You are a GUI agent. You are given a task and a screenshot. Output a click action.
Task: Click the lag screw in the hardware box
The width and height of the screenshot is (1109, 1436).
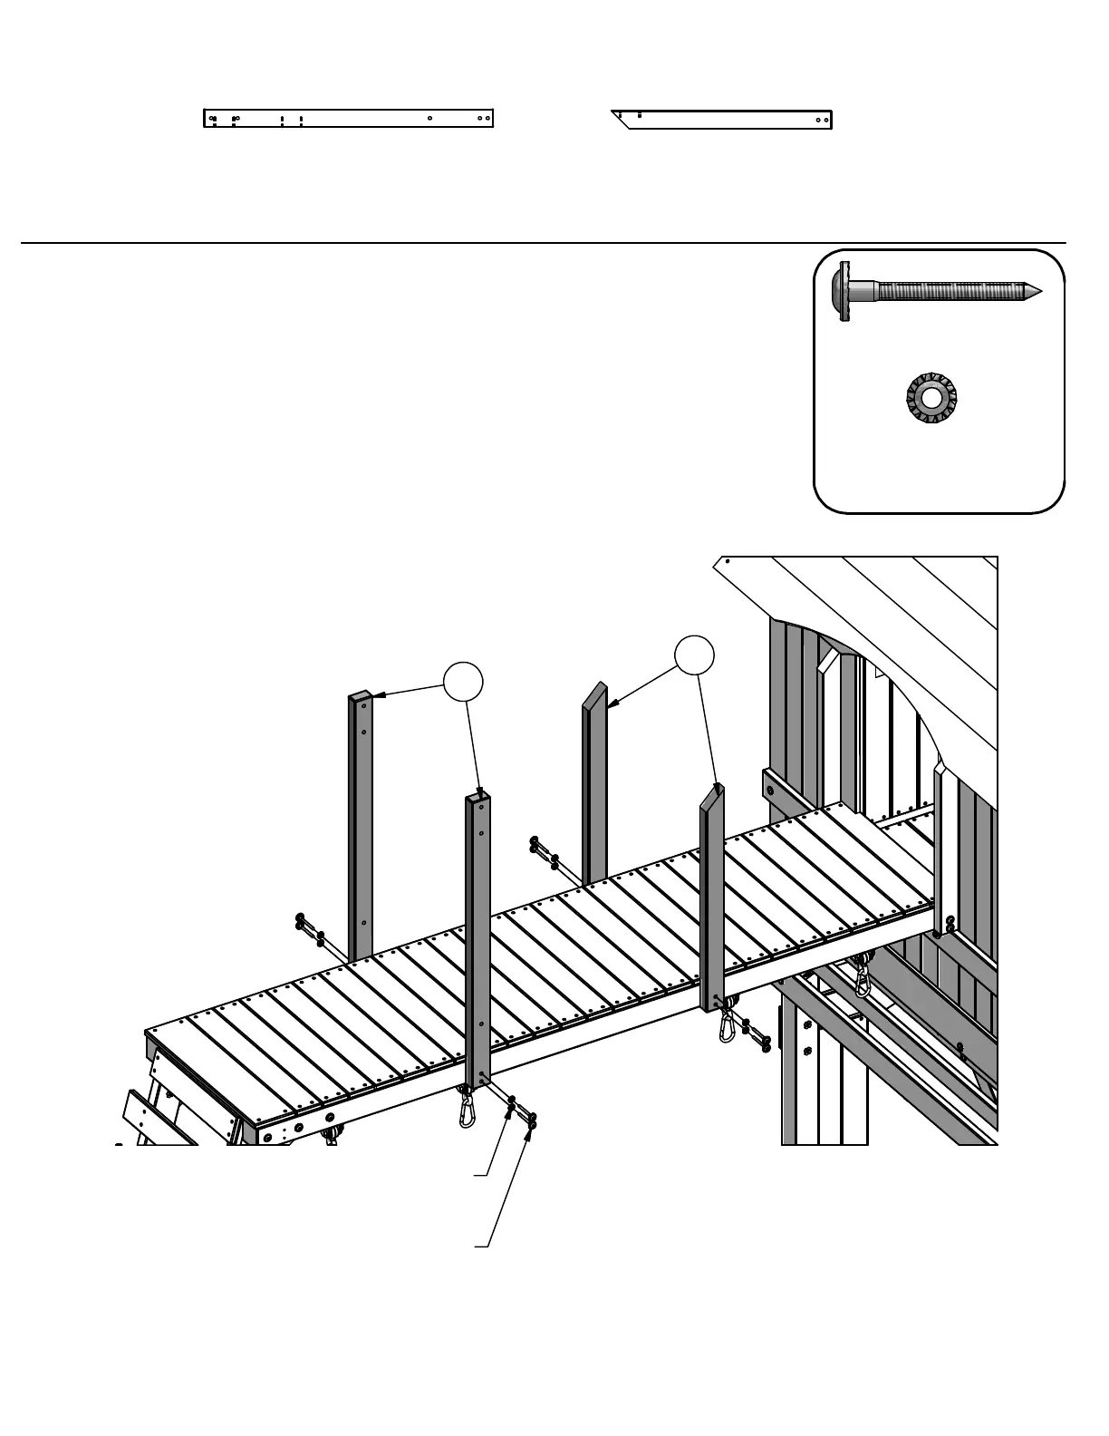(942, 292)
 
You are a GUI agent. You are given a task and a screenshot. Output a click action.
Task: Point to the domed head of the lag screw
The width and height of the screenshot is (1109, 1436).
(839, 292)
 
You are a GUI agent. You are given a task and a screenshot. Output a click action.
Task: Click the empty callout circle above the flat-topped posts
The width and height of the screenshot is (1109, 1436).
(462, 682)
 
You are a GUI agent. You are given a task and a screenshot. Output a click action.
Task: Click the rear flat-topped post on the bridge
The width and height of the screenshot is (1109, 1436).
(361, 816)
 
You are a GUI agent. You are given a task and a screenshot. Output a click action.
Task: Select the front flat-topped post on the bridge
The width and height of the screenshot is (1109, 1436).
(478, 934)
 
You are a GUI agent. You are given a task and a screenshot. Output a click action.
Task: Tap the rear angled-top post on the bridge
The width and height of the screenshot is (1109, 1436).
(594, 780)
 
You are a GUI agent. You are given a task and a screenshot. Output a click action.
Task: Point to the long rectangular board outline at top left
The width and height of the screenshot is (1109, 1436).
(348, 119)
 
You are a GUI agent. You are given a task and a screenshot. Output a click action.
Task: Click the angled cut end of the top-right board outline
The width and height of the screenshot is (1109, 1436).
(622, 120)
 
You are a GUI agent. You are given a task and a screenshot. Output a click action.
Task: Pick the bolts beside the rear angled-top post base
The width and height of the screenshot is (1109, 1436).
(545, 852)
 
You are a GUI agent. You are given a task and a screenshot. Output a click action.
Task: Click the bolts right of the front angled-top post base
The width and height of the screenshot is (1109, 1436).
(757, 1033)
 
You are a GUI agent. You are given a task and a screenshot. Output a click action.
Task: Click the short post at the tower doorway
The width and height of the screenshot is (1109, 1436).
(941, 852)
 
